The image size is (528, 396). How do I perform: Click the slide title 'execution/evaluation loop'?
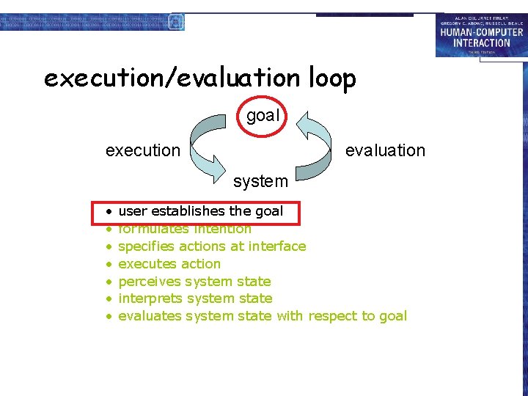[199, 78]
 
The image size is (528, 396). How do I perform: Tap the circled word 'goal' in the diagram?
[263, 115]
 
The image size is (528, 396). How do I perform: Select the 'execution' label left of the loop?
[142, 150]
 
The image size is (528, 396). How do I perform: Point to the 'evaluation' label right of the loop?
[385, 150]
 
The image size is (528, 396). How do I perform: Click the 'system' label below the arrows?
[260, 180]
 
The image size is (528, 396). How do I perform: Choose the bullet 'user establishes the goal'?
[200, 211]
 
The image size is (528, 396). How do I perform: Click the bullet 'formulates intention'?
[185, 229]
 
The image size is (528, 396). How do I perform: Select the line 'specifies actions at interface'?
[212, 246]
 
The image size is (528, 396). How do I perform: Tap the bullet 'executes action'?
[169, 264]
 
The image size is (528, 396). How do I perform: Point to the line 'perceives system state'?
[194, 282]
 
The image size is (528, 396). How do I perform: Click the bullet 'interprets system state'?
[195, 298]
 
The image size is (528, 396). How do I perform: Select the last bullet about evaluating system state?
[262, 316]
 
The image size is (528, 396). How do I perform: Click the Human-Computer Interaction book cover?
[480, 35]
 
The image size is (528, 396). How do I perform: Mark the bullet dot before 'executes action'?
[108, 264]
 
